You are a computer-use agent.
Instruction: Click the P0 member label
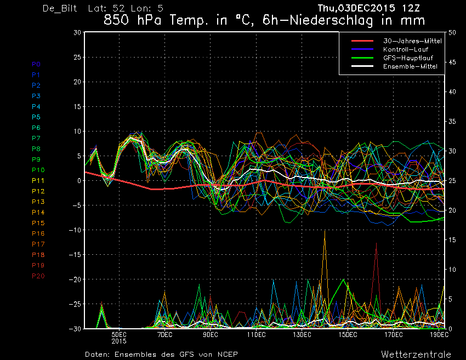point(36,64)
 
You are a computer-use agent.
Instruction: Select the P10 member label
point(38,170)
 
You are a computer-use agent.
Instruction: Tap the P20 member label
point(38,276)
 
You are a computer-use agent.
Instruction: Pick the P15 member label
point(38,223)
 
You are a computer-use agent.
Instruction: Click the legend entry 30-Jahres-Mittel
point(412,41)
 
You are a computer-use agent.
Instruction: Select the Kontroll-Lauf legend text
point(406,49)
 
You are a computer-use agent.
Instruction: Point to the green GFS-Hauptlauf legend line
point(362,58)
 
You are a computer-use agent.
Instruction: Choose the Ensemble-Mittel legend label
point(410,66)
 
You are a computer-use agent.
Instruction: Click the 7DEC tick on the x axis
point(164,335)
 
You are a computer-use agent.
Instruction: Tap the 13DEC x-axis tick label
point(302,335)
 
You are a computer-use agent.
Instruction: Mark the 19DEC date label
point(439,335)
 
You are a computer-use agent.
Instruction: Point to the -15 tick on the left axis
point(75,255)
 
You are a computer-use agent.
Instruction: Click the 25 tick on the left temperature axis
point(77,57)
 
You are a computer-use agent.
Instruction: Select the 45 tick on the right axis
point(452,62)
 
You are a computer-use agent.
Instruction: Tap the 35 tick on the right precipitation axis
point(452,122)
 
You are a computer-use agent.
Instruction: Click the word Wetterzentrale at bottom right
point(416,355)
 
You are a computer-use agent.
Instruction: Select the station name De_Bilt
point(60,8)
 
